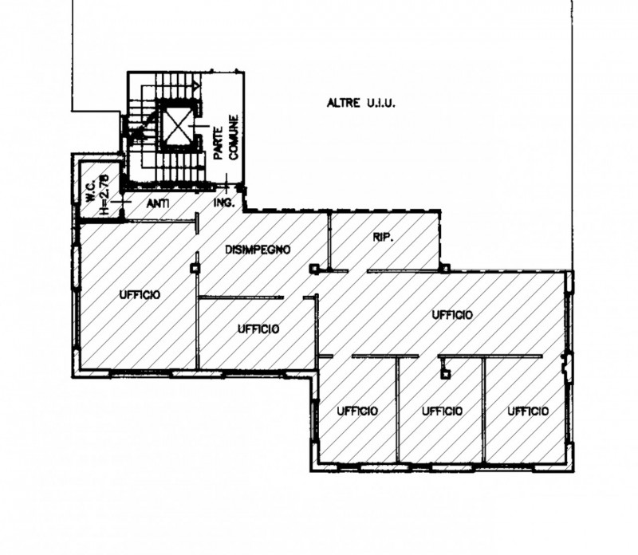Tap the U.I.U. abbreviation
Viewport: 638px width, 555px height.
coord(380,103)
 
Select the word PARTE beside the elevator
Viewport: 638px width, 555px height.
coord(219,143)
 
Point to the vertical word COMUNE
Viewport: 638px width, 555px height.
coord(234,137)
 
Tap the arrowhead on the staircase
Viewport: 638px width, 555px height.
coord(196,86)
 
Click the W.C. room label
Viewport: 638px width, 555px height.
coord(91,191)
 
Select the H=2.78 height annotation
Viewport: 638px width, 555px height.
coord(104,195)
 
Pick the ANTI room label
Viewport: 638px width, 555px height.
coord(158,203)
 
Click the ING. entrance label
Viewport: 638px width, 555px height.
coord(224,203)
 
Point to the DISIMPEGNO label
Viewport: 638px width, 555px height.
coord(258,250)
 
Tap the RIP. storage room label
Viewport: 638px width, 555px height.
coord(384,237)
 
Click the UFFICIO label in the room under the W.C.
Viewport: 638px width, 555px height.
coord(140,294)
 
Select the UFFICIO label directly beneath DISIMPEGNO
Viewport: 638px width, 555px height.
coord(258,329)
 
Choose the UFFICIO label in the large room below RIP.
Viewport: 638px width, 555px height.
coord(452,314)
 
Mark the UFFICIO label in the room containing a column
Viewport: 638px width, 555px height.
coord(442,411)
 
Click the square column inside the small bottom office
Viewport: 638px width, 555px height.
coord(447,374)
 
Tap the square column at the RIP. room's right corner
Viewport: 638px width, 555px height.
coord(446,268)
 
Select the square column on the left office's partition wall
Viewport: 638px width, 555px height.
coord(195,269)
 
